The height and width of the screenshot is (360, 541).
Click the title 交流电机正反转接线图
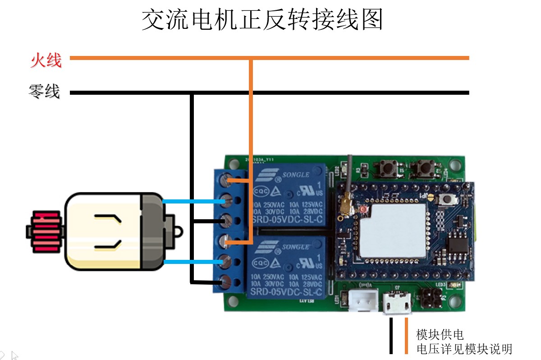coord(262,19)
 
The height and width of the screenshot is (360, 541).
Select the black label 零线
coord(44,92)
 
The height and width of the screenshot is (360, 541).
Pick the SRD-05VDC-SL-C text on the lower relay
coord(287,293)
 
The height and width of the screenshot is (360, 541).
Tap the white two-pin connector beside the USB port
coord(363,300)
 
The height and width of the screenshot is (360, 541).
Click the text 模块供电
coord(440,335)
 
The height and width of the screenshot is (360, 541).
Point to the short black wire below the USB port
coord(391,336)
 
